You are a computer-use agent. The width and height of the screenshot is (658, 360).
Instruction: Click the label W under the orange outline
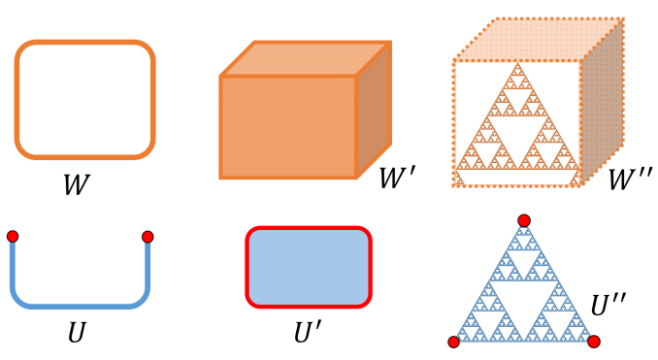(x=77, y=184)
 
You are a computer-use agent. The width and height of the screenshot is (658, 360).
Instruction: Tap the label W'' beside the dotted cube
(x=628, y=180)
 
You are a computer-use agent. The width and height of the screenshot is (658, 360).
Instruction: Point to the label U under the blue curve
(x=77, y=333)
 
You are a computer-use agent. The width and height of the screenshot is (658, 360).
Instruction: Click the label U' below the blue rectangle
(x=308, y=333)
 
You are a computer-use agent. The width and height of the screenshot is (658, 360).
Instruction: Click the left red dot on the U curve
(x=13, y=237)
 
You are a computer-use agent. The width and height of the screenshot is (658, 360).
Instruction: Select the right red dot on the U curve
(x=148, y=237)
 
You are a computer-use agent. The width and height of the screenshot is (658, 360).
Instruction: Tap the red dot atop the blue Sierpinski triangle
(x=524, y=220)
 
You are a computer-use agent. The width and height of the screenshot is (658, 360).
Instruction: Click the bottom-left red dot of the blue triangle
(x=453, y=342)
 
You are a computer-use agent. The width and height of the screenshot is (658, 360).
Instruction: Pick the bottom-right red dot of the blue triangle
(x=594, y=341)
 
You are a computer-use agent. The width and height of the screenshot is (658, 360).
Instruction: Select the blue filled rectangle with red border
(x=309, y=267)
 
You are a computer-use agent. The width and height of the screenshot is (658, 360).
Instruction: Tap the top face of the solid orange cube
(x=306, y=59)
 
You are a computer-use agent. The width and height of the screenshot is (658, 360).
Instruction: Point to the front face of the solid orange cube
(x=288, y=126)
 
